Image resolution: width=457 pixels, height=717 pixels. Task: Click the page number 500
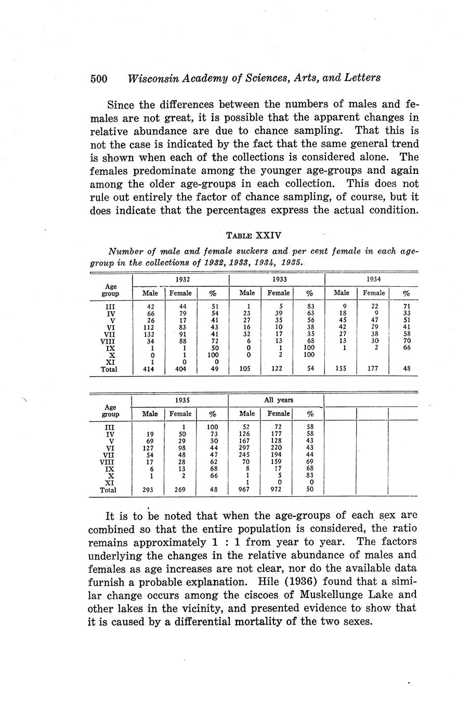click(98, 78)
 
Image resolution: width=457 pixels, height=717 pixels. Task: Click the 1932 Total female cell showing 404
click(180, 369)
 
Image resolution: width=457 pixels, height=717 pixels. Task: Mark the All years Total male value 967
click(247, 489)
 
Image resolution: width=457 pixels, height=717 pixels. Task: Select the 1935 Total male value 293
click(150, 489)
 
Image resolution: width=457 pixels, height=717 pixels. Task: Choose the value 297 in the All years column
click(247, 447)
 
